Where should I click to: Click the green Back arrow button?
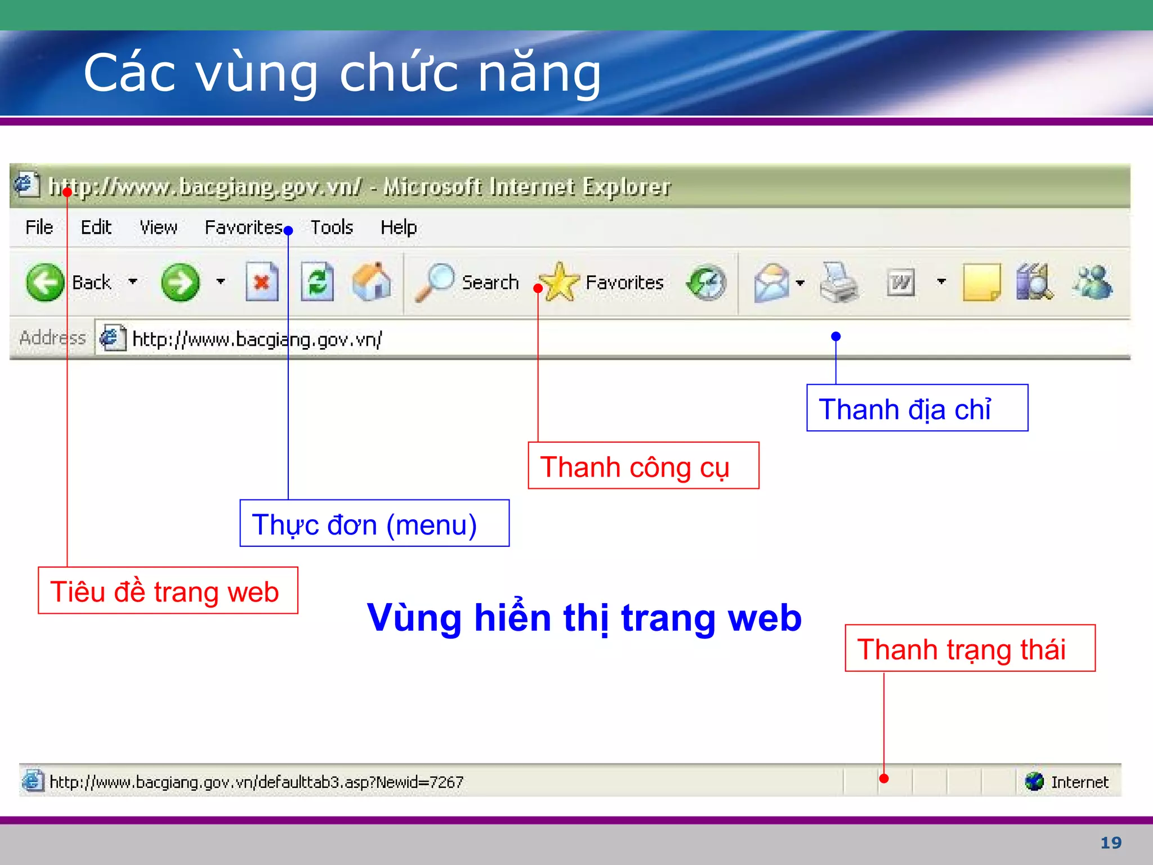click(45, 282)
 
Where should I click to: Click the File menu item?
click(39, 228)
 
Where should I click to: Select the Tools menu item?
click(332, 228)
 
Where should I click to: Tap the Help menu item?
click(399, 228)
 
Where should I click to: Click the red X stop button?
click(262, 282)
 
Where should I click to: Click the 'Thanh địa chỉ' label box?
click(917, 408)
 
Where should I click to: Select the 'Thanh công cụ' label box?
click(643, 466)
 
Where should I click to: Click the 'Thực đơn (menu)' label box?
click(374, 523)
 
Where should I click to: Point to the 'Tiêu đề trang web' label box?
click(168, 591)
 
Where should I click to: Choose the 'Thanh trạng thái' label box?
click(969, 648)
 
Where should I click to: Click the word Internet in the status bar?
click(1079, 782)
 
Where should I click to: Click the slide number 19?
click(1111, 842)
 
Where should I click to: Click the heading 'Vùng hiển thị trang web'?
click(584, 618)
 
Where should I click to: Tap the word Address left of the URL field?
click(52, 338)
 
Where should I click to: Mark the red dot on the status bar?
click(884, 779)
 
